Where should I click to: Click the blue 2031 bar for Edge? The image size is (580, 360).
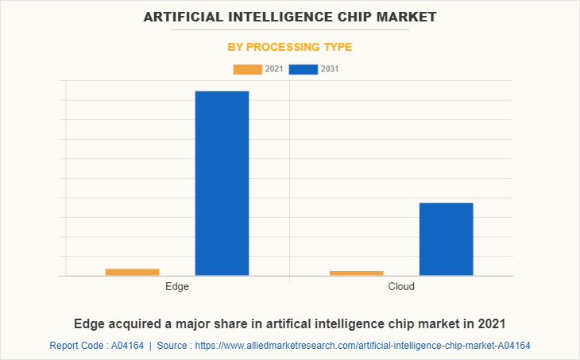[x=222, y=183]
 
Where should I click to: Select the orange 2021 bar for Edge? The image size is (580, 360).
[x=132, y=272]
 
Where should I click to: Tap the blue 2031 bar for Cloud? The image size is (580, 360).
[x=446, y=238]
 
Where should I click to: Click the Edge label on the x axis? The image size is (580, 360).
[x=177, y=286]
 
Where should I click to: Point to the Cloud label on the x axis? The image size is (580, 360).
[x=401, y=286]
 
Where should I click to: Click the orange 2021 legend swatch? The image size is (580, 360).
[x=247, y=69]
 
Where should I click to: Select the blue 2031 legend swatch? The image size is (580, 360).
[x=303, y=69]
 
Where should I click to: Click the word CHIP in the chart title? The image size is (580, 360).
[x=353, y=16]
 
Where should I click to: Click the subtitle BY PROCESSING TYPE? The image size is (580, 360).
[x=289, y=47]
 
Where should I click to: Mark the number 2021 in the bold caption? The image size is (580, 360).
[x=490, y=323]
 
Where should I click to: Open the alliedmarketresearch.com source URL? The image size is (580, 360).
[x=362, y=346]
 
